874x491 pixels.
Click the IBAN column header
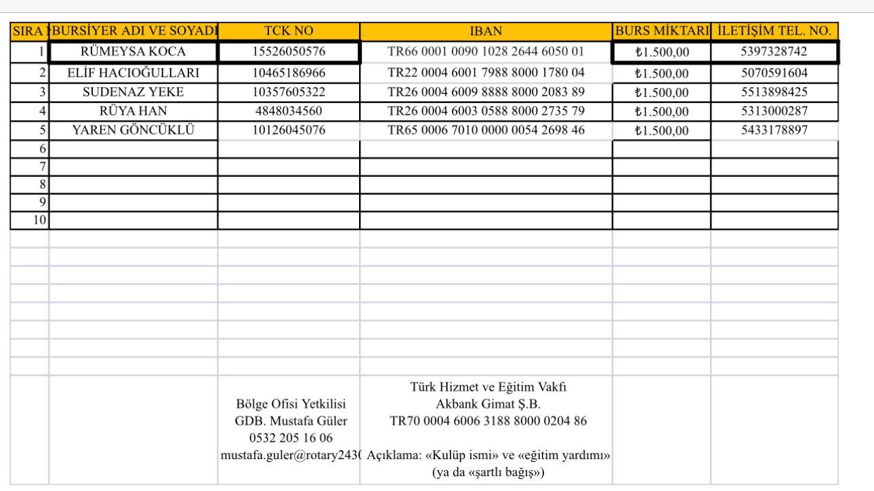tap(486, 31)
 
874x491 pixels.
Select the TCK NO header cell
tap(289, 31)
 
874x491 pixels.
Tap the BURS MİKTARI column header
tap(661, 31)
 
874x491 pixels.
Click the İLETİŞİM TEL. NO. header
tap(774, 31)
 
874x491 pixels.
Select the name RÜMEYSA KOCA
tap(133, 52)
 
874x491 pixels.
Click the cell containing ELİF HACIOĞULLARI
tap(133, 73)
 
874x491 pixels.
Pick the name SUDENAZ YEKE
tap(133, 92)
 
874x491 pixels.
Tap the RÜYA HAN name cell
tap(133, 111)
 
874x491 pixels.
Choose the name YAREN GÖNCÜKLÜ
tap(133, 130)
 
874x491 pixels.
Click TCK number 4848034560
tap(289, 111)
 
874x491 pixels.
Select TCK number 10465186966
tap(289, 73)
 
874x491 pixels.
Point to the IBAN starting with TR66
tap(486, 52)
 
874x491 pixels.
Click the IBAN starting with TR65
tap(486, 130)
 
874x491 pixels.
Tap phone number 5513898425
tap(774, 92)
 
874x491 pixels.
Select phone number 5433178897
tap(774, 130)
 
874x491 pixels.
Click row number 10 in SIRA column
tap(40, 220)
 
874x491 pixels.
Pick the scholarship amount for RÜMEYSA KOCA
tap(661, 52)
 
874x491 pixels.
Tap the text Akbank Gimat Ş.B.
tap(488, 404)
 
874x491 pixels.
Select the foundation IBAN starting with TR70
tap(488, 420)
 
